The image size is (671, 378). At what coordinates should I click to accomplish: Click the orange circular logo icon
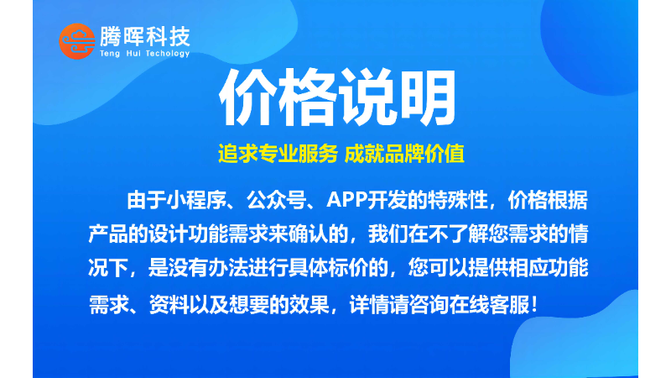coord(77,41)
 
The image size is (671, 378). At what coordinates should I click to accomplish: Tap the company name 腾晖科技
coord(145,37)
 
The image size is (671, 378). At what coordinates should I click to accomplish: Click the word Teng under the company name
coord(110,54)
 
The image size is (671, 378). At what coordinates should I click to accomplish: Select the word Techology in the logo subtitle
coord(167,54)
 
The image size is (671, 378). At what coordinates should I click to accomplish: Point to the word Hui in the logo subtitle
coord(133,53)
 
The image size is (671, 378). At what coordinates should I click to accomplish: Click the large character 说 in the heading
coord(367,97)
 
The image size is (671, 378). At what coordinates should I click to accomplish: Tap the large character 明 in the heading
coord(425,97)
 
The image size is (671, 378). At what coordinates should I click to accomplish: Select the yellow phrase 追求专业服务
coord(278,154)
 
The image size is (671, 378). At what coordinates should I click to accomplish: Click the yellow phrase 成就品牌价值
coord(404,154)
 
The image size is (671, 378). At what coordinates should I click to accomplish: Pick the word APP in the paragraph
coord(346,200)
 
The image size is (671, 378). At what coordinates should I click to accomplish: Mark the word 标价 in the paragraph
coord(348,268)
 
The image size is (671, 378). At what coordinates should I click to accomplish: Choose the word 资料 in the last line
coord(169,305)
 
